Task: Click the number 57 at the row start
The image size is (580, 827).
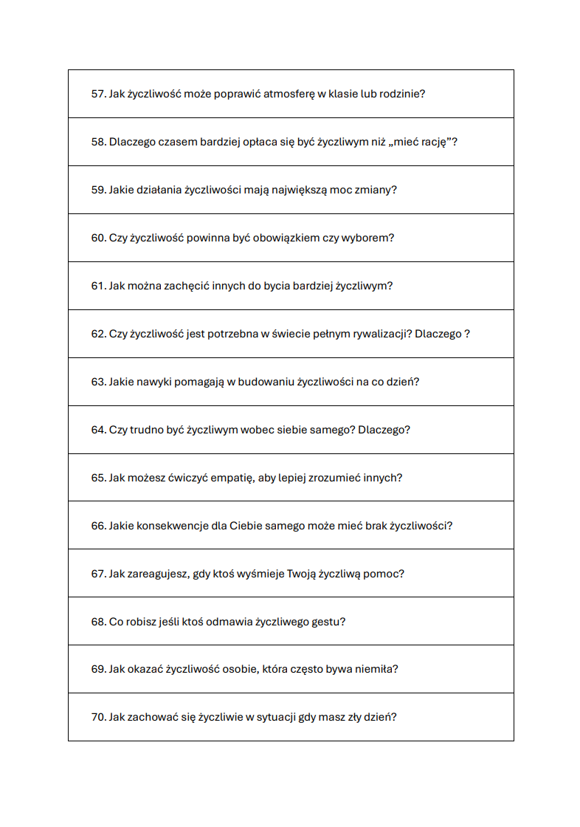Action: tap(98, 94)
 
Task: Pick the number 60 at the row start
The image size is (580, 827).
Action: tap(98, 238)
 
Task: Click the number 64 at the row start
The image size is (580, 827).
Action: tap(98, 430)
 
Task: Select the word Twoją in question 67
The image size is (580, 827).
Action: tap(301, 574)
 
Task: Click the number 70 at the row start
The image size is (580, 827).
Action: tap(98, 717)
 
